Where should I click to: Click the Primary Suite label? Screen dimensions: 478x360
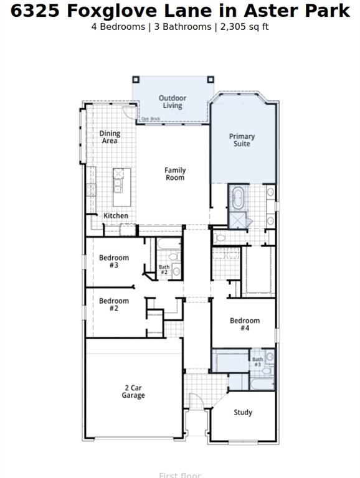[242, 140]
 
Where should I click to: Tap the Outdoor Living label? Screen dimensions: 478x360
[173, 102]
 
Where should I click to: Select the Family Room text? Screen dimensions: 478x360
[175, 174]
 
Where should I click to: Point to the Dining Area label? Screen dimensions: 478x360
[110, 137]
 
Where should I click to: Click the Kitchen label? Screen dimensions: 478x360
[116, 216]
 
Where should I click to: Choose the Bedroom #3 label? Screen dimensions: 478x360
[114, 261]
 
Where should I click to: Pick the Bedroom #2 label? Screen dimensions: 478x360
[114, 304]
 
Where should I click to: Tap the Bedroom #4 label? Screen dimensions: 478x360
[245, 324]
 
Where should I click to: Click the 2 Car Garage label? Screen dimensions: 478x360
[133, 391]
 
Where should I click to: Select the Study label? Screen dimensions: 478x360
[243, 412]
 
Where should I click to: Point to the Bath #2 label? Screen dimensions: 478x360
[164, 269]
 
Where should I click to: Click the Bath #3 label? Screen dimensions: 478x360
[257, 362]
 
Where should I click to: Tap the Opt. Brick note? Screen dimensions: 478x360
[150, 119]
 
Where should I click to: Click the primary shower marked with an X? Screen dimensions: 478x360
[237, 220]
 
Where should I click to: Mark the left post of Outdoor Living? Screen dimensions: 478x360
[135, 79]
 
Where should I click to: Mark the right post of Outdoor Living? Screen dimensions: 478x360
[211, 79]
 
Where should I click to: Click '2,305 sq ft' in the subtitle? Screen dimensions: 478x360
[243, 27]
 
